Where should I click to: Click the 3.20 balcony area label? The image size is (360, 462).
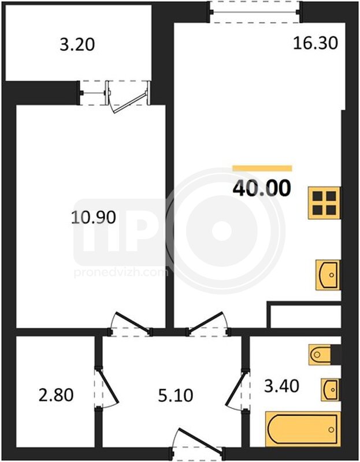[x=77, y=45]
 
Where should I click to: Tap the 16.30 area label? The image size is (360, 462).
[x=315, y=43]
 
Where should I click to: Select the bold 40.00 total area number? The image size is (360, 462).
[x=262, y=188]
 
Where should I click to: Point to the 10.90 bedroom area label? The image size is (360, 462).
[x=94, y=218]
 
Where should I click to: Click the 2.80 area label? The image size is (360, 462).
[x=56, y=395]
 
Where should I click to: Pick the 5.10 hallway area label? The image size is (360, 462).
[x=176, y=395]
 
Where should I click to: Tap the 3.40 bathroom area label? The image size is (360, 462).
[x=281, y=386]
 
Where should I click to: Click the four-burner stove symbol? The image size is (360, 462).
[x=325, y=203]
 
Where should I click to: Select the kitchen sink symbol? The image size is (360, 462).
[x=328, y=275]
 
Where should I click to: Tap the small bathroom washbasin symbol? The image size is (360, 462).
[x=331, y=389]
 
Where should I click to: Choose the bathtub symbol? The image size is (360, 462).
[x=303, y=429]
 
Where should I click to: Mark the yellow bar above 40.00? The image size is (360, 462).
[x=262, y=168]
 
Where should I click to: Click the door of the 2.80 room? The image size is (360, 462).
[x=108, y=385]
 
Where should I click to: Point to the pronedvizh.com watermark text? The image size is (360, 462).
[x=121, y=272]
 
